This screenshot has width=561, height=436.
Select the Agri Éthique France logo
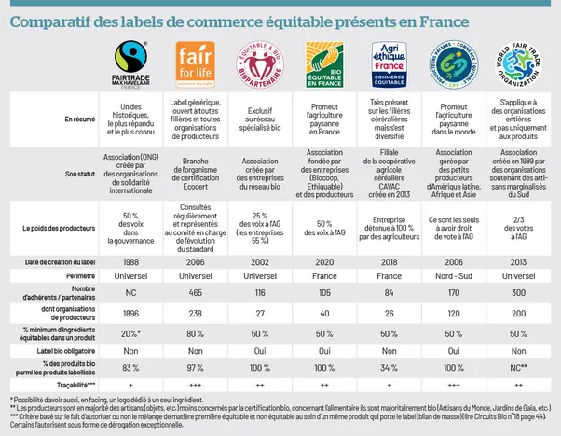(x=390, y=65)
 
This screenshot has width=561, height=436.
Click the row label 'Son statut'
(x=79, y=173)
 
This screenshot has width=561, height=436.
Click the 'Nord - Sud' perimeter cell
(x=454, y=276)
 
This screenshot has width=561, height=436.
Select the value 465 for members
(x=196, y=293)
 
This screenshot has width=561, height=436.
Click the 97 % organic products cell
(x=196, y=367)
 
